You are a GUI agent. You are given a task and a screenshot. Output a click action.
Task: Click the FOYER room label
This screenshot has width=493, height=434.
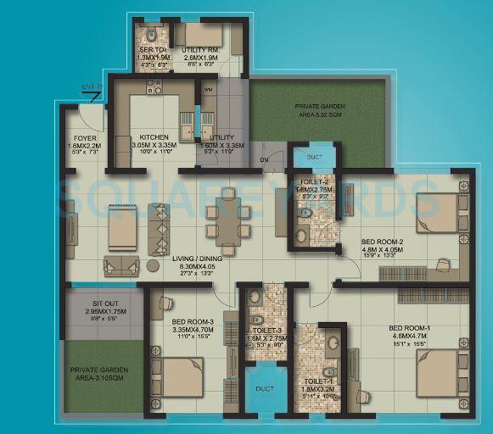[84, 137]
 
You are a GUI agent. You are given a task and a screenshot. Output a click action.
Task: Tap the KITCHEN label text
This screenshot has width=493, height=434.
[154, 137]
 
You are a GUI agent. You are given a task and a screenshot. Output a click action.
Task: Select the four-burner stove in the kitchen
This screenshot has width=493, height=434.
[154, 86]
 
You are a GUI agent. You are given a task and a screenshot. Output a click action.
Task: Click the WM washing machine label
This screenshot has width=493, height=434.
[209, 88]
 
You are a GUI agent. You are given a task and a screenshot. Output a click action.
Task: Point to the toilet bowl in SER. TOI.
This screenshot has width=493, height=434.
[150, 36]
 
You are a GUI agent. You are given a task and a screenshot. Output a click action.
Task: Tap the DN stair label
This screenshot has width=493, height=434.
[264, 159]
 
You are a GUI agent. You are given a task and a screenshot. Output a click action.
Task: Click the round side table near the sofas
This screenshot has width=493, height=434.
[153, 265]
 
